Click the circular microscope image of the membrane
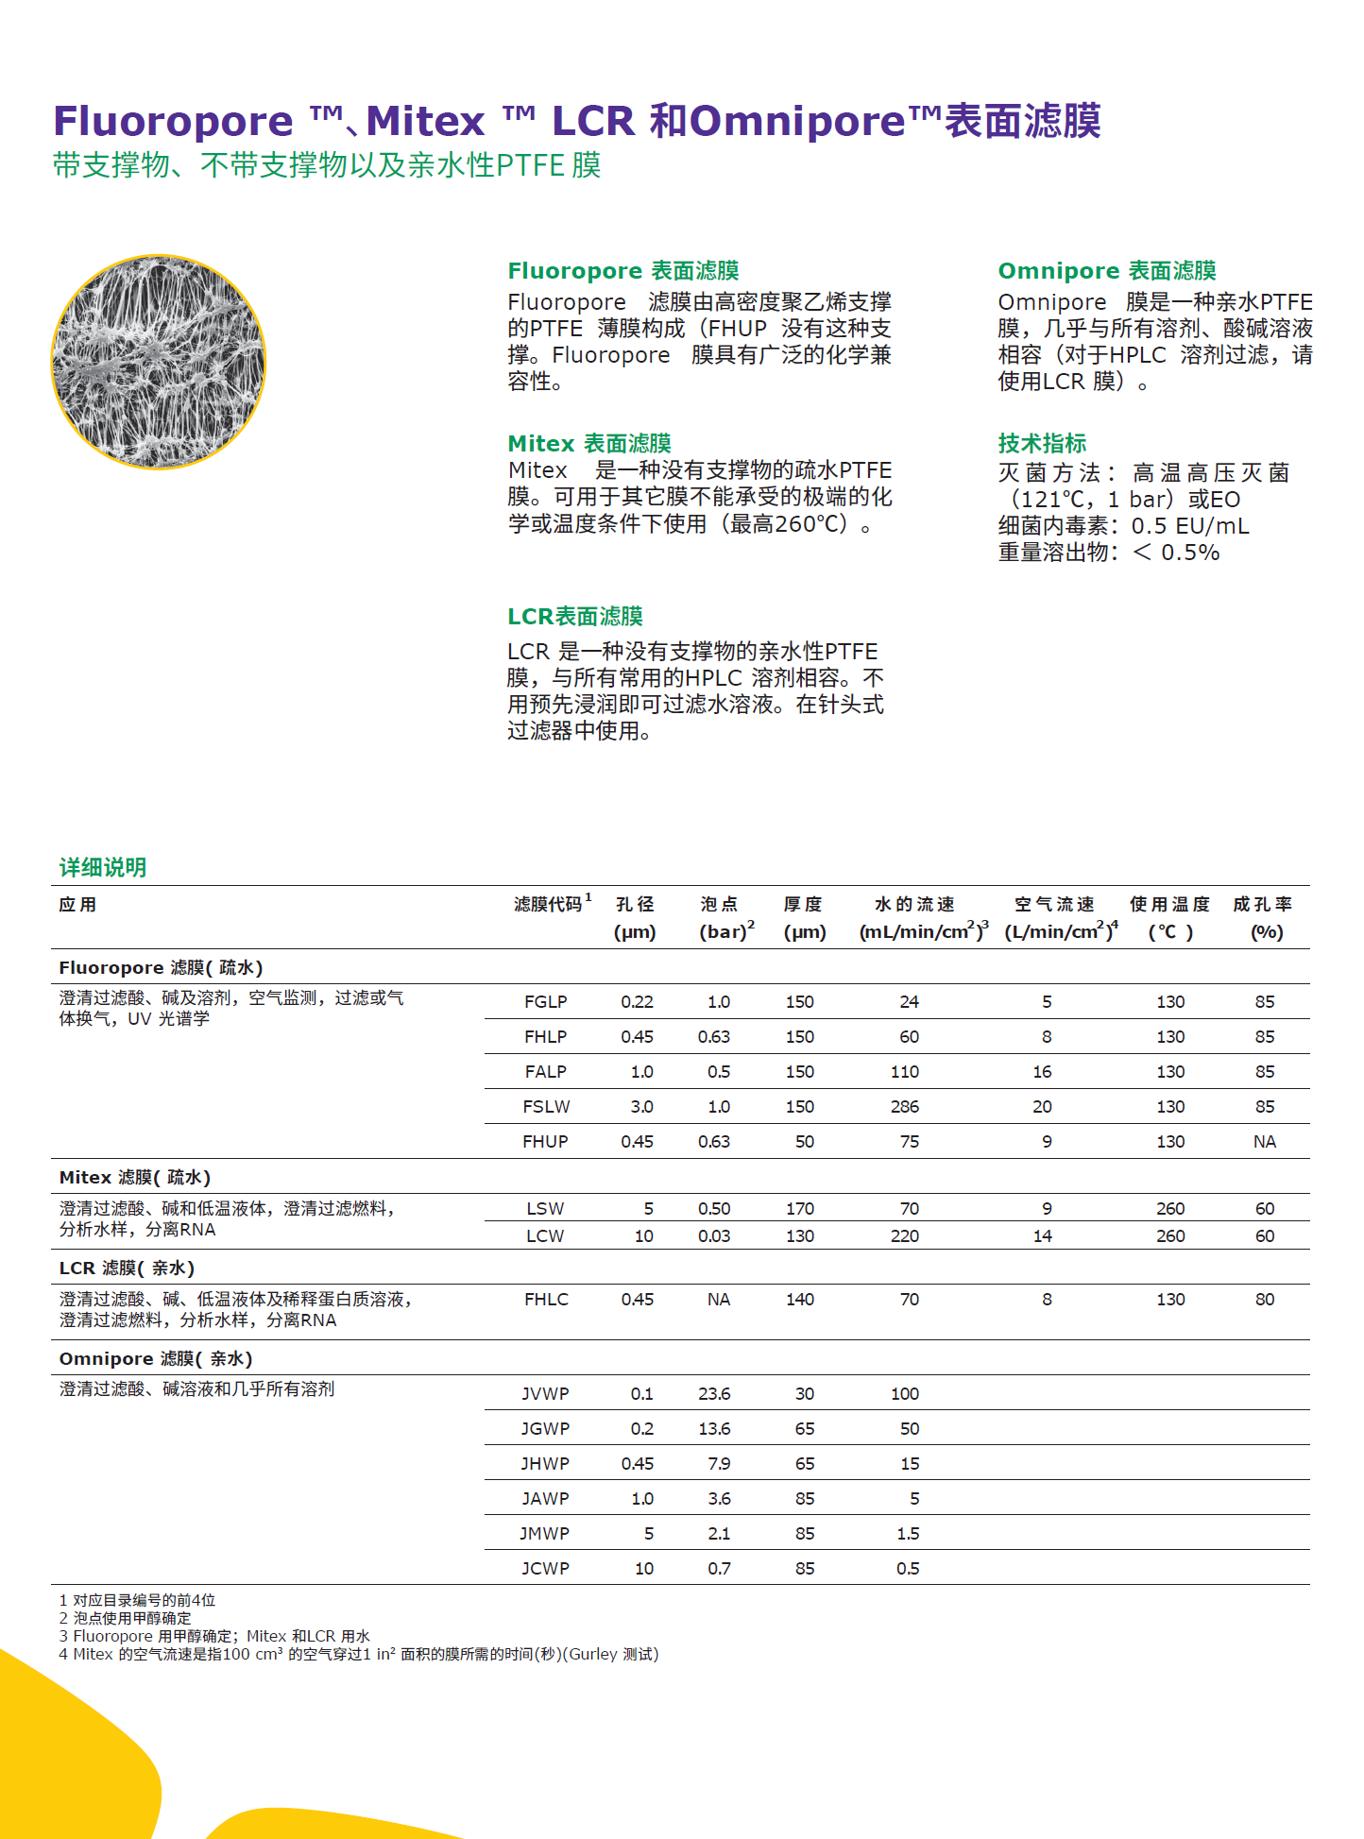pyautogui.click(x=158, y=362)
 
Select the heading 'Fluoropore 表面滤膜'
pyautogui.click(x=622, y=271)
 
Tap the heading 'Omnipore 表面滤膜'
pyautogui.click(x=1106, y=271)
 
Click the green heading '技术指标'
pyautogui.click(x=1042, y=443)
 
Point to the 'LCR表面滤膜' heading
pyautogui.click(x=574, y=617)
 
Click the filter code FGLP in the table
pyautogui.click(x=545, y=1001)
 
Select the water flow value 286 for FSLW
pyautogui.click(x=904, y=1106)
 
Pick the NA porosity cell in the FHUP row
pyautogui.click(x=1264, y=1141)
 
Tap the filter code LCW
pyautogui.click(x=545, y=1235)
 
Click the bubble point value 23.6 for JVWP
pyautogui.click(x=714, y=1393)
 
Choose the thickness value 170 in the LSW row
pyautogui.click(x=799, y=1208)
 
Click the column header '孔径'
pyautogui.click(x=635, y=905)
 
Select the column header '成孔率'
pyautogui.click(x=1262, y=905)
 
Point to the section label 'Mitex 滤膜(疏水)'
pyautogui.click(x=134, y=1177)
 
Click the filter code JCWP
pyautogui.click(x=545, y=1568)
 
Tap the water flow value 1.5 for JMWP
pyautogui.click(x=908, y=1533)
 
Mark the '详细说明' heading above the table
pyautogui.click(x=102, y=867)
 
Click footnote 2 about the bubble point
pyautogui.click(x=125, y=1618)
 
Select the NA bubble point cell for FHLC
pyautogui.click(x=718, y=1299)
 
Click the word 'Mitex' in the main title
pyautogui.click(x=425, y=121)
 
